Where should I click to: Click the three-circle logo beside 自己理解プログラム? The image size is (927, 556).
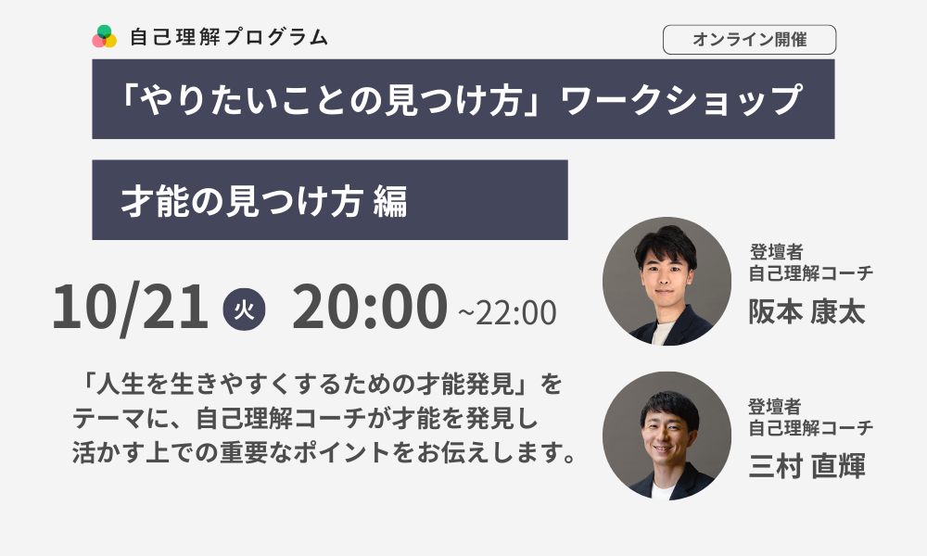point(104,37)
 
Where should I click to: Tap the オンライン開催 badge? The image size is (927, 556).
point(749,40)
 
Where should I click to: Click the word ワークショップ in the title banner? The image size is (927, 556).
point(681,99)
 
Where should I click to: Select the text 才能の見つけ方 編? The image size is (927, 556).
point(264,201)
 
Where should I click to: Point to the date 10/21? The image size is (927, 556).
point(130,307)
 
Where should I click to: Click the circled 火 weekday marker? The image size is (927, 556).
point(244,309)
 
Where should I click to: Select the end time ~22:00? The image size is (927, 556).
point(507,312)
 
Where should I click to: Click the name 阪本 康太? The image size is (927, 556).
point(807,311)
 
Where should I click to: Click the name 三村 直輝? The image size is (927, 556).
point(807,465)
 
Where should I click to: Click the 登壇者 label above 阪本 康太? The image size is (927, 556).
point(776,252)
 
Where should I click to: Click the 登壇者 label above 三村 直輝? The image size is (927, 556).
point(774,407)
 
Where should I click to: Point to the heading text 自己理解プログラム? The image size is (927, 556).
point(229,37)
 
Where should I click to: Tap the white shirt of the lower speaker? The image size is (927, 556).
point(662,491)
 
